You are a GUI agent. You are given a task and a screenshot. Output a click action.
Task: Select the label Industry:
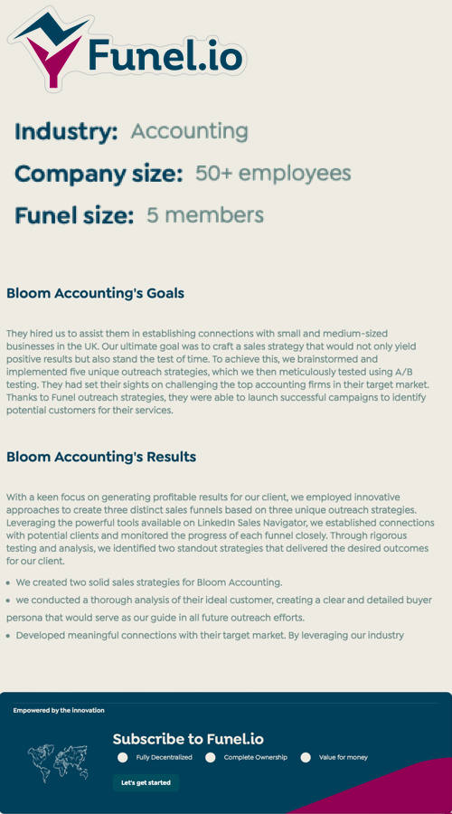click(x=66, y=132)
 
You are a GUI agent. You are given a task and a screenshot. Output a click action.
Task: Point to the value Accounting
click(x=189, y=131)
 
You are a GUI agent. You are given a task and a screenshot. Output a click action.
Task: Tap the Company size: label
click(x=99, y=174)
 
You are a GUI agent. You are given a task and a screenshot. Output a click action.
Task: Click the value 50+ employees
click(x=273, y=173)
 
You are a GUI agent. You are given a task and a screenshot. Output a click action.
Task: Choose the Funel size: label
click(x=74, y=215)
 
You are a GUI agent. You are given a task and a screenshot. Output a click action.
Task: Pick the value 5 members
click(x=205, y=215)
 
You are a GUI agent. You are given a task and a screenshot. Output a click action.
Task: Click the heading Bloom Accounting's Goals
click(x=95, y=293)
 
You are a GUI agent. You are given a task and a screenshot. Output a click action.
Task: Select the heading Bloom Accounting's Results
click(x=101, y=457)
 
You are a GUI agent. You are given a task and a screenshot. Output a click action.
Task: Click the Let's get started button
click(x=146, y=782)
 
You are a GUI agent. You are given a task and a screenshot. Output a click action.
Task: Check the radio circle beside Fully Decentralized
click(x=123, y=757)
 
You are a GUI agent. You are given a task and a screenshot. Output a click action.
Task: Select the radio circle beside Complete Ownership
click(x=211, y=757)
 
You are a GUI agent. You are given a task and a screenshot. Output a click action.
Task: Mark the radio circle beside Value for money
click(x=306, y=757)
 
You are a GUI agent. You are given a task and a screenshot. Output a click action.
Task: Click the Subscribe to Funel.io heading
click(x=188, y=739)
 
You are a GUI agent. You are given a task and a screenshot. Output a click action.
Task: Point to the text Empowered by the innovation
click(x=59, y=710)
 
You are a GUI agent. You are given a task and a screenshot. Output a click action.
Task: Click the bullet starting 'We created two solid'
click(x=149, y=582)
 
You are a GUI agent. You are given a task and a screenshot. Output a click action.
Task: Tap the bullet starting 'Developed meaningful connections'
click(x=210, y=635)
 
